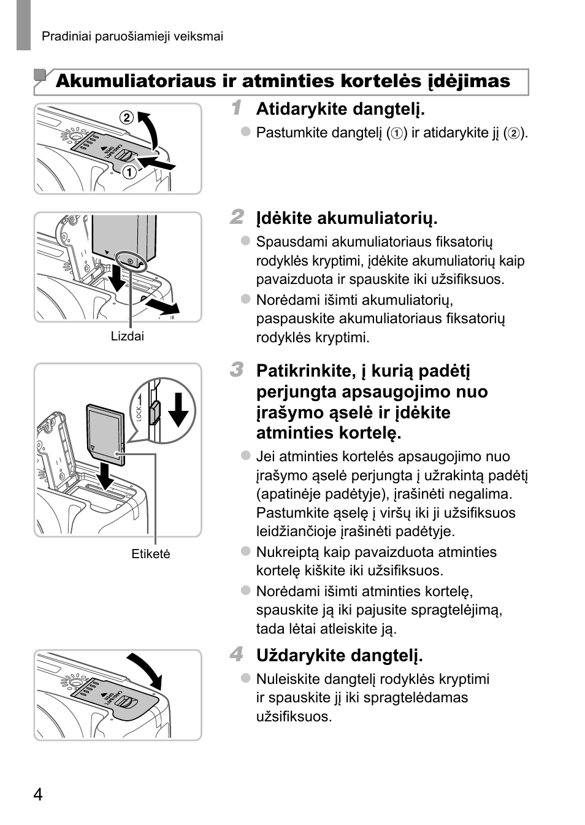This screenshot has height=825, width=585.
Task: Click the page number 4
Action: click(38, 795)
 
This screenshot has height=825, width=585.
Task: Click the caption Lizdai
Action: click(128, 336)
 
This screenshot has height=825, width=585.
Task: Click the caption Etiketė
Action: click(151, 554)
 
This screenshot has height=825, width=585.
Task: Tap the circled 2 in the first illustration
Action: click(126, 117)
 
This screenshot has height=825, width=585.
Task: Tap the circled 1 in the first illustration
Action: click(129, 172)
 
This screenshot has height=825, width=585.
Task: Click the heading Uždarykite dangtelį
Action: click(339, 656)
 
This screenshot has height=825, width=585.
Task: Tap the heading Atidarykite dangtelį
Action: click(340, 109)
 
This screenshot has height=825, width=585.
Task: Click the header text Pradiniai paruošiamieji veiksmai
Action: click(132, 37)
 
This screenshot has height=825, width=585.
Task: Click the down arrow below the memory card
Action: click(106, 476)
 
